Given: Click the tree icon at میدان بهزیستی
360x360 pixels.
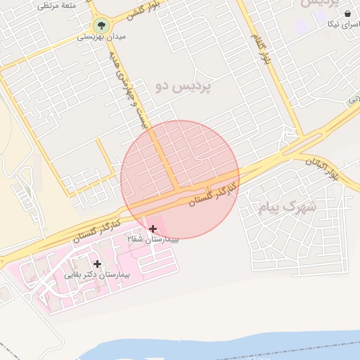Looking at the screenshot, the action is [101, 27].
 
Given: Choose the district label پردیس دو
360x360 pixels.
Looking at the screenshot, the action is [184, 86].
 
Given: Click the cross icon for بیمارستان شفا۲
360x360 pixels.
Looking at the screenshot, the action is [153, 229].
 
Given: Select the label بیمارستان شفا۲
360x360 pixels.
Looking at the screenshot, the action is [153, 240].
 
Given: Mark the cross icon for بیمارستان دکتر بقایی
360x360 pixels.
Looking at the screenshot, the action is [97, 264].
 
